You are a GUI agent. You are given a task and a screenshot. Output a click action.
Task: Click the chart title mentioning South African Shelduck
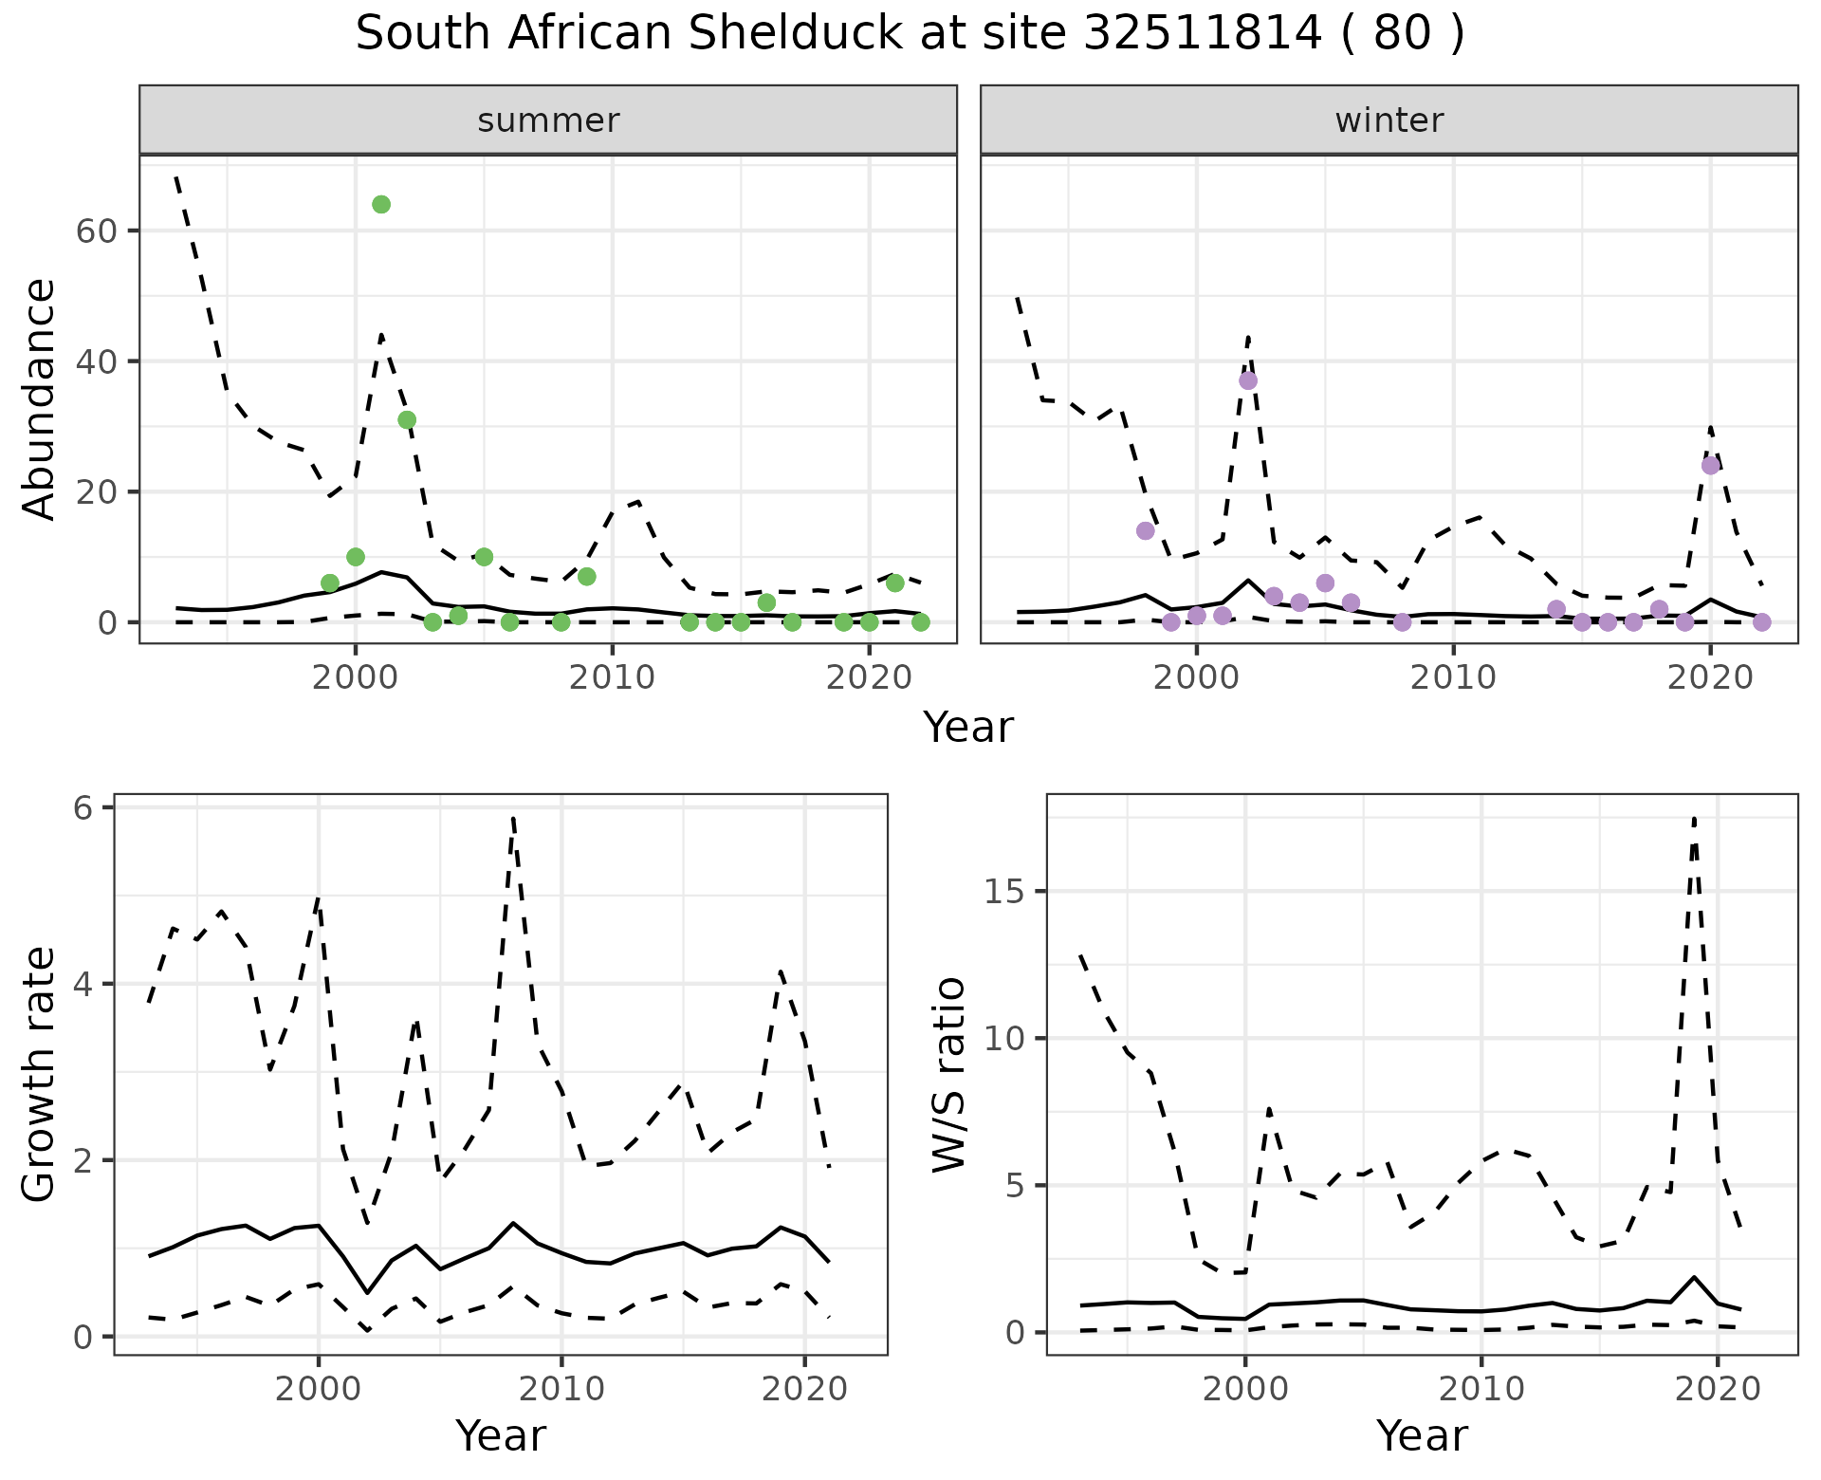click(910, 35)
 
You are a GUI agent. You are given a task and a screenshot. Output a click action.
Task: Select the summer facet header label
click(548, 120)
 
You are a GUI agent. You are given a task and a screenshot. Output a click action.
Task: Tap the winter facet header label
click(1389, 120)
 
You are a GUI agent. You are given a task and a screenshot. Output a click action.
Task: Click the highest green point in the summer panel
click(381, 205)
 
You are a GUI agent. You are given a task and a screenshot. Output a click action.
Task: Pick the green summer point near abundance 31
click(407, 420)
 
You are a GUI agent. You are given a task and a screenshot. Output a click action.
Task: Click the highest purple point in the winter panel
click(1248, 380)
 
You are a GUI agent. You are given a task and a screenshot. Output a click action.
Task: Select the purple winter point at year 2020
click(1710, 466)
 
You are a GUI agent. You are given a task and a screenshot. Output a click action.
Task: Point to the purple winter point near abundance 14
click(1146, 531)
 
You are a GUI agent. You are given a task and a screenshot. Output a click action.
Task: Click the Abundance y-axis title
click(39, 398)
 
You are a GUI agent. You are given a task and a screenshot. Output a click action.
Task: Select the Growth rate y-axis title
click(39, 1074)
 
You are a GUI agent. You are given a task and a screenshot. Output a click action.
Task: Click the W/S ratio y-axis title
click(947, 1074)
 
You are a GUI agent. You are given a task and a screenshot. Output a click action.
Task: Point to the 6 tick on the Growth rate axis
click(83, 808)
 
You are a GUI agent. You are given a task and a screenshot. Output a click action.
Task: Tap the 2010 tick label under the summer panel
click(612, 677)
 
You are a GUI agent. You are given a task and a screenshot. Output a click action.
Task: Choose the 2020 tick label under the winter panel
click(1709, 677)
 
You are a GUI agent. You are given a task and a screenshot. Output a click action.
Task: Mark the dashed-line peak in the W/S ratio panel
click(1695, 818)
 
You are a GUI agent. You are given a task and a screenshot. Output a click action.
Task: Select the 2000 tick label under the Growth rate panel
click(318, 1390)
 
